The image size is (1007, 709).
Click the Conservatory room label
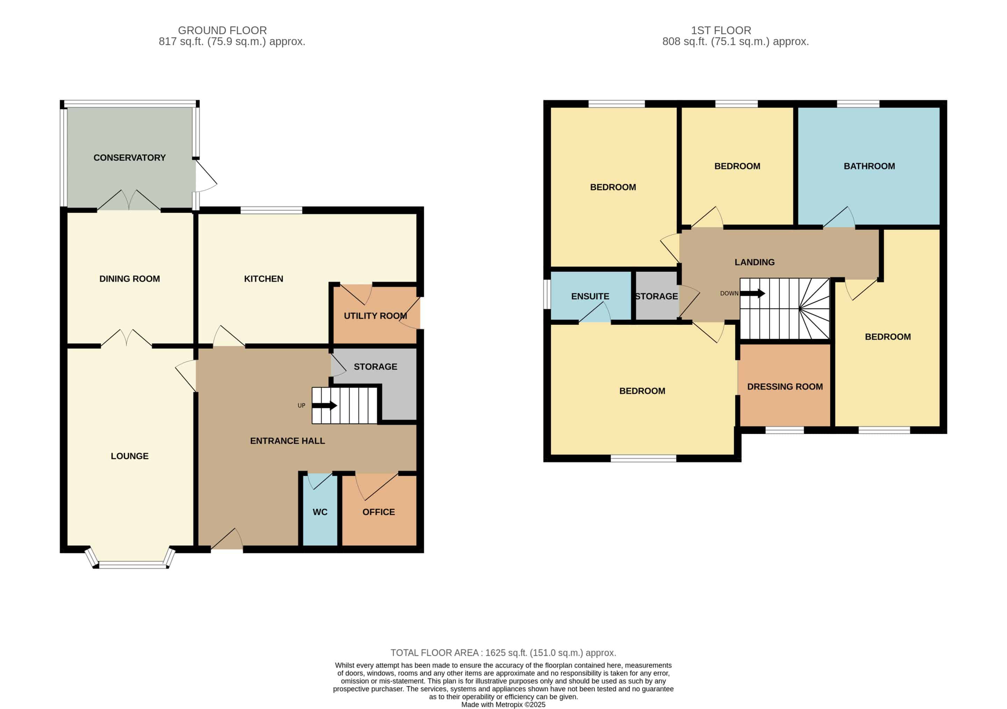point(129,158)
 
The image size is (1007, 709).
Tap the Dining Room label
point(129,279)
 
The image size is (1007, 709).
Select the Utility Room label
point(376,316)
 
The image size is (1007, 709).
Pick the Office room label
point(379,512)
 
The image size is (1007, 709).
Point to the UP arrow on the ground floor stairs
point(324,406)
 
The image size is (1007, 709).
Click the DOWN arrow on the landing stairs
point(752,293)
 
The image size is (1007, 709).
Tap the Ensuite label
point(590,296)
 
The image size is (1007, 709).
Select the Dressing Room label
point(785,387)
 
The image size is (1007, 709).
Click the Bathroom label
point(869,166)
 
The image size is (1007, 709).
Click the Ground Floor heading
point(222,30)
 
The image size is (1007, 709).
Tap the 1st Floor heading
point(721,30)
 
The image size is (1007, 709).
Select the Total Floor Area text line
point(503,653)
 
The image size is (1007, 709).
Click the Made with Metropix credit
point(503,704)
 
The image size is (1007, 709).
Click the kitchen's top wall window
point(271,210)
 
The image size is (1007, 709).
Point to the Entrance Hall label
point(287,441)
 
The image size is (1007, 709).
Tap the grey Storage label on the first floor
point(657,296)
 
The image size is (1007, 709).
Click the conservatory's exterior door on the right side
point(205,176)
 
